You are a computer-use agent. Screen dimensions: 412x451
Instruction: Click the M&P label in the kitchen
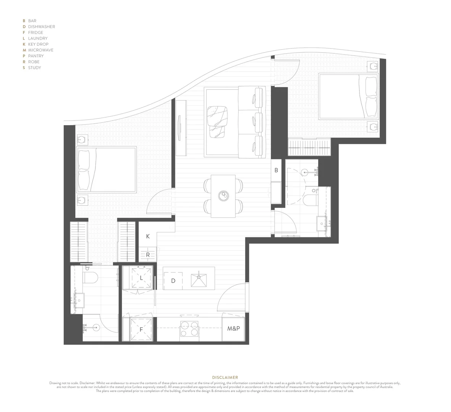tap(234, 328)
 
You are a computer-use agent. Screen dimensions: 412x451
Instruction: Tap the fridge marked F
tap(142, 329)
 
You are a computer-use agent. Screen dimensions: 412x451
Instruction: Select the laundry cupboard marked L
tap(142, 278)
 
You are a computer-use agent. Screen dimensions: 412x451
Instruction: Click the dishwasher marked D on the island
tap(173, 281)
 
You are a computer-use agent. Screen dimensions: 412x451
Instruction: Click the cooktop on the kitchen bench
tap(189, 329)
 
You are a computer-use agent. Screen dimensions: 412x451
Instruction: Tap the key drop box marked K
tap(148, 237)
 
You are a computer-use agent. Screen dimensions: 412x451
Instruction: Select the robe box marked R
tap(148, 255)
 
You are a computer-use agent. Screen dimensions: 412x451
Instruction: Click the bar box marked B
tap(276, 170)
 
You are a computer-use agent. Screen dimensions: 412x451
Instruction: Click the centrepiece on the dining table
tap(223, 196)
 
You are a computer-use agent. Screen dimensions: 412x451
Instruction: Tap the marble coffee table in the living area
tap(217, 122)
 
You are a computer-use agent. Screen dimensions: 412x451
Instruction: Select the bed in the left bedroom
tap(106, 169)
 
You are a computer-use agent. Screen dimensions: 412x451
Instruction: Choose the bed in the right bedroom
tap(348, 96)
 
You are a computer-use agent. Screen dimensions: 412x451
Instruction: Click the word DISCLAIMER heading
tap(225, 377)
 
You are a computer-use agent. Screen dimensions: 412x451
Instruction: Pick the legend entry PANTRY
tap(36, 56)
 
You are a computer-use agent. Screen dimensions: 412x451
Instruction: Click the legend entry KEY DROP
tap(38, 44)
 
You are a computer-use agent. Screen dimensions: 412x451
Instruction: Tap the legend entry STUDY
tap(34, 68)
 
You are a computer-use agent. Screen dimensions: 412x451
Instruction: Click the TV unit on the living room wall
tap(181, 128)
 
